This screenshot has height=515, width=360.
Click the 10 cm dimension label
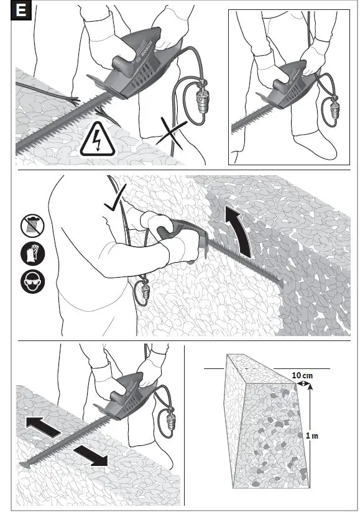[302, 375]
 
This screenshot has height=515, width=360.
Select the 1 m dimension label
[313, 435]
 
